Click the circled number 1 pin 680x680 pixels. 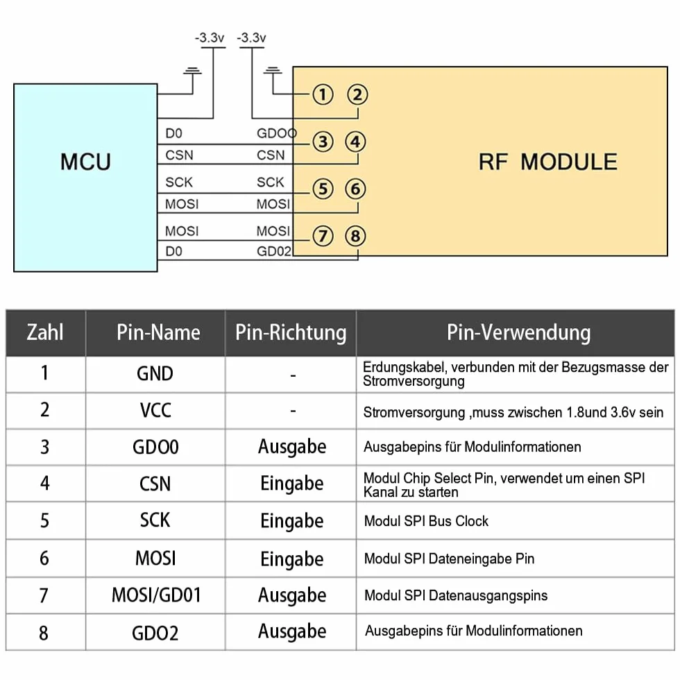click(x=323, y=94)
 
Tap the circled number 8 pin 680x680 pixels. click(x=355, y=237)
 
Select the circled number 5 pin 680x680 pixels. click(x=323, y=189)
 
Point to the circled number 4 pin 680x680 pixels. click(x=355, y=142)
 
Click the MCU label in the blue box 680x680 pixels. click(x=85, y=162)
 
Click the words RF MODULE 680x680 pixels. click(x=547, y=162)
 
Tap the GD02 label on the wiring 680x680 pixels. click(x=273, y=251)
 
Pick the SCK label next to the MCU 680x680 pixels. click(x=179, y=182)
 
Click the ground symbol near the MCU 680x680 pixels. click(x=193, y=71)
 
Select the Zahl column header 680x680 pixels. click(x=45, y=332)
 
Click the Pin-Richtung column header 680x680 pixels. click(x=291, y=333)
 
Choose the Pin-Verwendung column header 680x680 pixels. click(x=519, y=333)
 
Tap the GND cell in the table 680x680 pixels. click(x=155, y=374)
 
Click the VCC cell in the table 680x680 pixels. click(x=155, y=410)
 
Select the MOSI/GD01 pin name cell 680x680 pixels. click(x=156, y=595)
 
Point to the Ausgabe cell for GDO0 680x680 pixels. click(x=292, y=447)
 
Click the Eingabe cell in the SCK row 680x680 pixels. click(x=292, y=521)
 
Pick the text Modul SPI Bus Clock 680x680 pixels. click(x=426, y=521)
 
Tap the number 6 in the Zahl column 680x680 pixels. click(x=44, y=558)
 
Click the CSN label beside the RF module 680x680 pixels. click(x=271, y=155)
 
